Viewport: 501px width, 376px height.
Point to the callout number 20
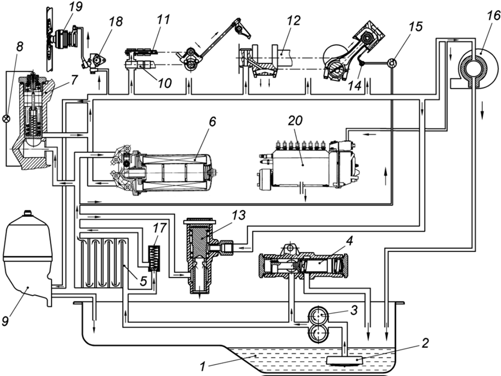click(x=293, y=122)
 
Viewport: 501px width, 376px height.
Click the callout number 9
click(x=7, y=318)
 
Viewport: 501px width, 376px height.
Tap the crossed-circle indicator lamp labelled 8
click(x=7, y=118)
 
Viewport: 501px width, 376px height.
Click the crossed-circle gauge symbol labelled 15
click(x=392, y=62)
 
